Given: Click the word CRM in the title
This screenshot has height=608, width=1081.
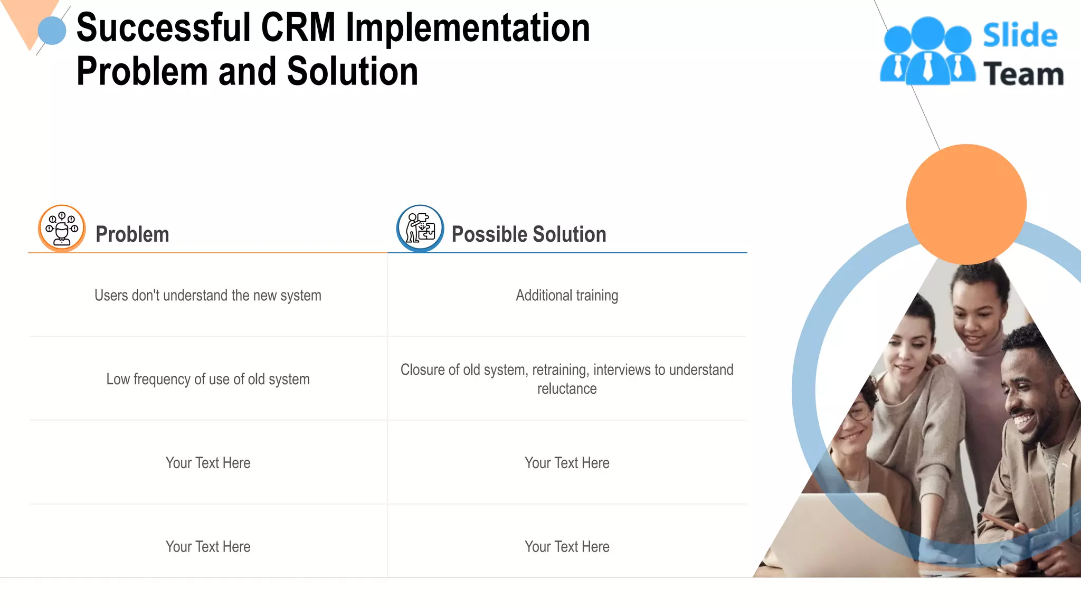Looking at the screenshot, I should click(x=298, y=27).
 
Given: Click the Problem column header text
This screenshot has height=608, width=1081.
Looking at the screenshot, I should click(x=132, y=234).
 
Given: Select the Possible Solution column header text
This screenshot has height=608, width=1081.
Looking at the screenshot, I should click(x=529, y=234).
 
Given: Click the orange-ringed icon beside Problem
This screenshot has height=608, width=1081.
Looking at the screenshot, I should click(x=62, y=228).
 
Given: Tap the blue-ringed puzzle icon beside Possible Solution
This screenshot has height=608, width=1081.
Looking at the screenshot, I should click(x=420, y=228).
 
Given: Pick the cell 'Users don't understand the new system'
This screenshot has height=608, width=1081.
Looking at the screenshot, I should click(x=207, y=296).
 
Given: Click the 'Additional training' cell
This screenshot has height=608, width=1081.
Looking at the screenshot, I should click(x=567, y=296).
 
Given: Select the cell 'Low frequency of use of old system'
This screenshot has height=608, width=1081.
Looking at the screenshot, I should click(x=207, y=379).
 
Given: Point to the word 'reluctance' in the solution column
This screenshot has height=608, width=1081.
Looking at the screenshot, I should click(x=567, y=389).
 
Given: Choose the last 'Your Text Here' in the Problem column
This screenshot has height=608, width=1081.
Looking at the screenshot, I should click(x=207, y=547).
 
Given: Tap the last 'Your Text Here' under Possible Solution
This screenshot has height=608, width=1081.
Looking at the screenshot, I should click(x=567, y=547).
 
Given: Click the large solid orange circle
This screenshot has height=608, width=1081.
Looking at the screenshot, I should click(x=966, y=204).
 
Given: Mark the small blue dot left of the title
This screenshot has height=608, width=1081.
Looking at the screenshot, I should click(x=52, y=31).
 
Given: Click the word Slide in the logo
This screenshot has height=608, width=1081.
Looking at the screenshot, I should click(x=1020, y=35).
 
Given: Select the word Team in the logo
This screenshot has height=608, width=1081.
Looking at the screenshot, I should click(x=1023, y=73).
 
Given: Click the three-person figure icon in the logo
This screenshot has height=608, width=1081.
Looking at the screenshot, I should click(x=927, y=52).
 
